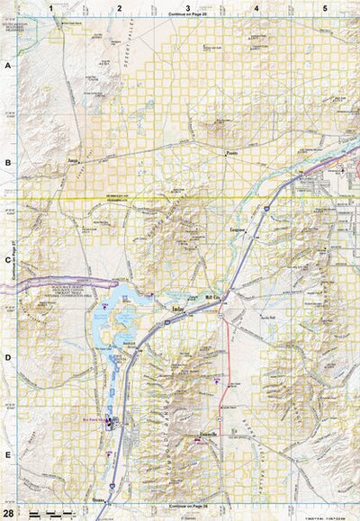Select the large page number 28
[x=9, y=513]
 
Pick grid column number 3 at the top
[x=187, y=7]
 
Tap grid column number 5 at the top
[x=325, y=7]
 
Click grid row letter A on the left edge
[x=7, y=67]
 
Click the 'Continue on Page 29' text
[x=187, y=16]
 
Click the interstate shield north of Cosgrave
[x=266, y=208]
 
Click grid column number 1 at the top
[x=51, y=7]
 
